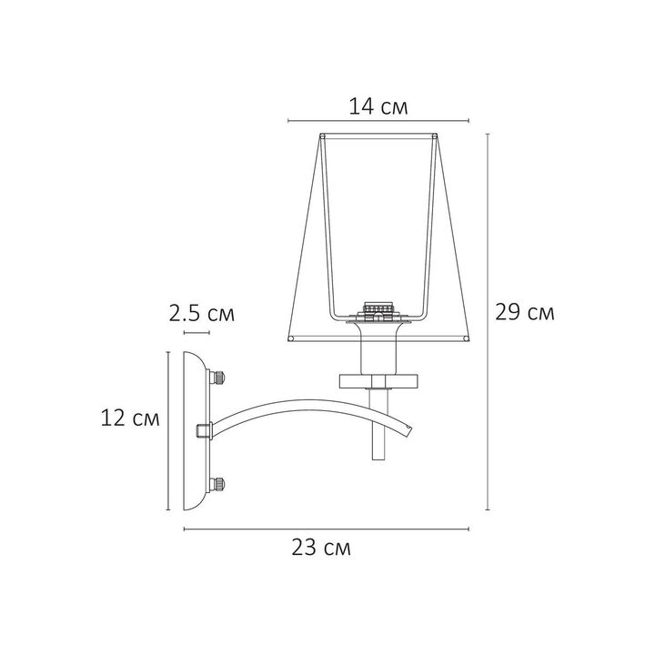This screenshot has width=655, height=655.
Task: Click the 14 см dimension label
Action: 378,107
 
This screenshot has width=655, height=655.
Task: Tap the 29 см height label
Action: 524,313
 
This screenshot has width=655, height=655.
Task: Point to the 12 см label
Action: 132,418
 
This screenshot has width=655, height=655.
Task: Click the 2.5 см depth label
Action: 201,315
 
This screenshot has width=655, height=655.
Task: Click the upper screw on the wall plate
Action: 218,377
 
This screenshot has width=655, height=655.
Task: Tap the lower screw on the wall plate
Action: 218,482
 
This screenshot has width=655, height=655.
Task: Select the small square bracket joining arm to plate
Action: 204,429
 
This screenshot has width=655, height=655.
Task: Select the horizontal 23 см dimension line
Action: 327,529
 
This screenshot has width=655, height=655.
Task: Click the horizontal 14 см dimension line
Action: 378,120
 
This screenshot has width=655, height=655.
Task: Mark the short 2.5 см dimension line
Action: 197,334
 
